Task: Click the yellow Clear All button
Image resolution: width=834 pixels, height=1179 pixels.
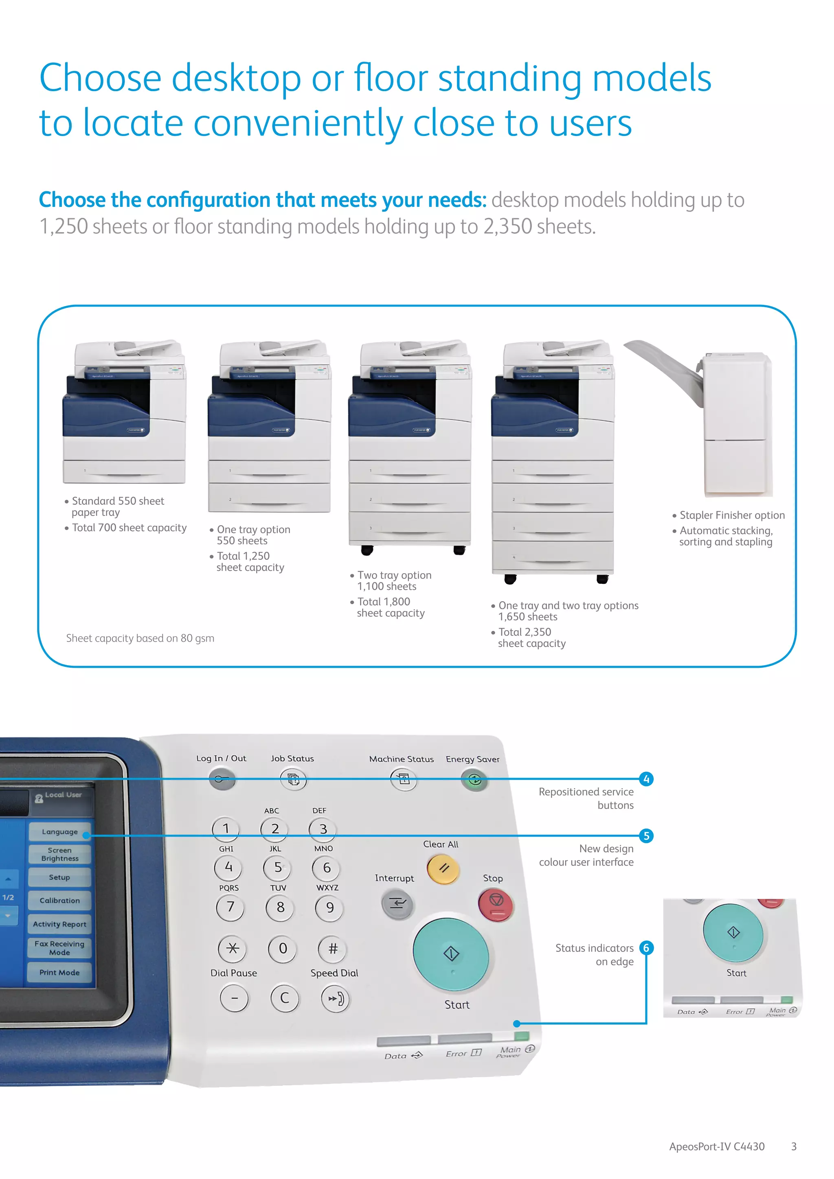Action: point(443,868)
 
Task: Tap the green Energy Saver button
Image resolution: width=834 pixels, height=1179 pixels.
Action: point(474,780)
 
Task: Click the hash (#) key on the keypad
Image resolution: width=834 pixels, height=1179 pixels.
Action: point(333,949)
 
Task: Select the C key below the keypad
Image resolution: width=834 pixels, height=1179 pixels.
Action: point(285,998)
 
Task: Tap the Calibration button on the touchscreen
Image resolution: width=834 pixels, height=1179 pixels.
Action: point(59,901)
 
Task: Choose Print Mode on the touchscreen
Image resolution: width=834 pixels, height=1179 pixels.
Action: point(59,973)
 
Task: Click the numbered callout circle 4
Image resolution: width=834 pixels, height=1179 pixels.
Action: point(646,779)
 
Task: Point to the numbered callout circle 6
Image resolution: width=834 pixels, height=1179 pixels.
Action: point(646,948)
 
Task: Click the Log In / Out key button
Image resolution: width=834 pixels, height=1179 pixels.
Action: point(222,780)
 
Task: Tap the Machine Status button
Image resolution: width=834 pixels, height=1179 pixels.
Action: point(404,780)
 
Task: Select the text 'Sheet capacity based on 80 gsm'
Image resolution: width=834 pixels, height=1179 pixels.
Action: point(140,638)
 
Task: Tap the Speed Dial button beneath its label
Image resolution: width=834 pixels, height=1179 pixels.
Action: point(335,999)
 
